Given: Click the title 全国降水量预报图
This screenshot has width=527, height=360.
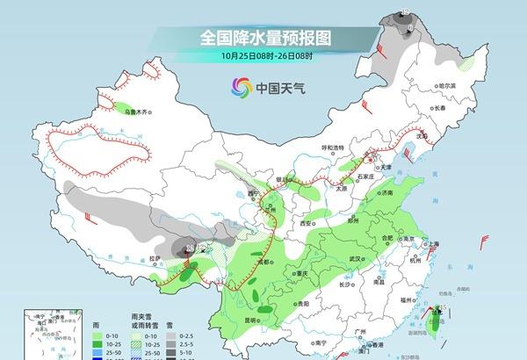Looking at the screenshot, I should click(264, 38).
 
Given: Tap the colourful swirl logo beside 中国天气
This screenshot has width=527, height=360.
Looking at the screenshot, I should click(240, 87).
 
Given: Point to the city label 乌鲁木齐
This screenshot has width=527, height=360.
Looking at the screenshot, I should click(140, 113).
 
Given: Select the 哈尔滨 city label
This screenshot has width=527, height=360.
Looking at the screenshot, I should click(423, 85).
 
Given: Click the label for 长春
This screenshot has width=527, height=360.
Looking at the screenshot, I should click(439, 108).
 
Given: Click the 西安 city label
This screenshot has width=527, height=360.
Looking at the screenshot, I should click(307, 223).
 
